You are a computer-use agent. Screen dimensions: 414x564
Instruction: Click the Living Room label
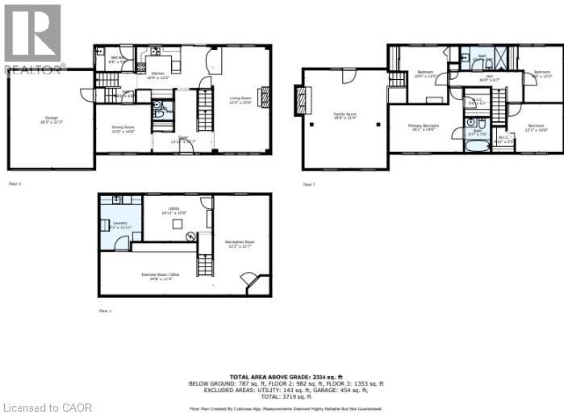pyautogui.click(x=240, y=100)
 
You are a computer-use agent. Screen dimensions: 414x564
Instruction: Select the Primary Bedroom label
pyautogui.click(x=423, y=128)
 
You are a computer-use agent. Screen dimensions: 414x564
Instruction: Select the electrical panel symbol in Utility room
pyautogui.click(x=191, y=236)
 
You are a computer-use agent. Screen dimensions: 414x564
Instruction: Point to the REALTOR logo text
pyautogui.click(x=34, y=69)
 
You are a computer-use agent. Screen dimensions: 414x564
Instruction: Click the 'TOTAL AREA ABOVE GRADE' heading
pyautogui.click(x=274, y=377)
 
